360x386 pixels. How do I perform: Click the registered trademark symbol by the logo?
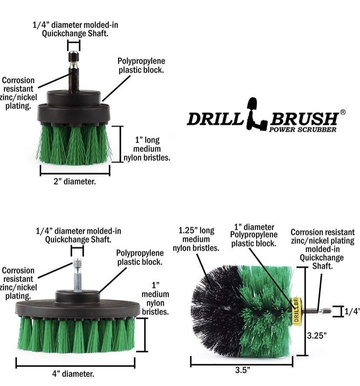[342, 112]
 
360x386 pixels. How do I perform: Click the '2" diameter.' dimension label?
[75, 181]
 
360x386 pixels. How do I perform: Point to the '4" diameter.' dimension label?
[75, 373]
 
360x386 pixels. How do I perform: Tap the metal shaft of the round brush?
[315, 311]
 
